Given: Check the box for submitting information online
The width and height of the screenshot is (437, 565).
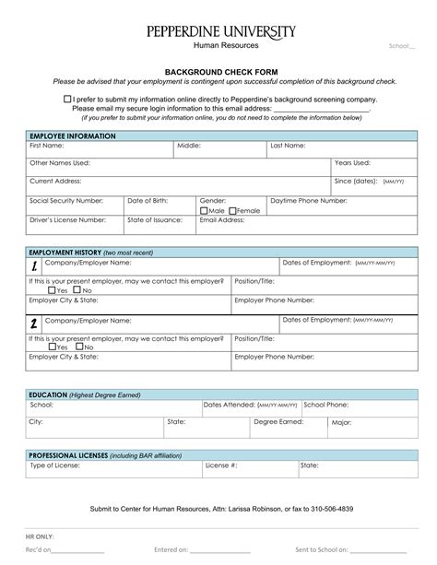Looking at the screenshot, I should point(67,98).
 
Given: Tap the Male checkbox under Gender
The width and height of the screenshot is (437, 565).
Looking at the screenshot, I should point(205,210).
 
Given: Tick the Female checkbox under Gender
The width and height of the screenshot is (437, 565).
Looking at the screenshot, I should point(232,210).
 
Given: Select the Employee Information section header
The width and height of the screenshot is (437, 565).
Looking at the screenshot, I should point(73,135).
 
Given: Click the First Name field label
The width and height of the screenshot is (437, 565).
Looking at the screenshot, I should point(46,146).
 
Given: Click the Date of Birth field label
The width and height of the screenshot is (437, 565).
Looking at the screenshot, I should point(148,200).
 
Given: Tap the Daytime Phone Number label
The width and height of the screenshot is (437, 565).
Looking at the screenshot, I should point(308,200).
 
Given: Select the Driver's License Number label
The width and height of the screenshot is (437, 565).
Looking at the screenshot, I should point(67,220).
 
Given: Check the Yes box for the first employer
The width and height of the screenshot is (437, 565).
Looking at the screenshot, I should point(52,290).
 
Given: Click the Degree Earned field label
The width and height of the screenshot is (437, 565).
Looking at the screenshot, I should point(278,421).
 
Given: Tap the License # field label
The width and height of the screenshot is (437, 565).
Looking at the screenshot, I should point(222,465).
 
